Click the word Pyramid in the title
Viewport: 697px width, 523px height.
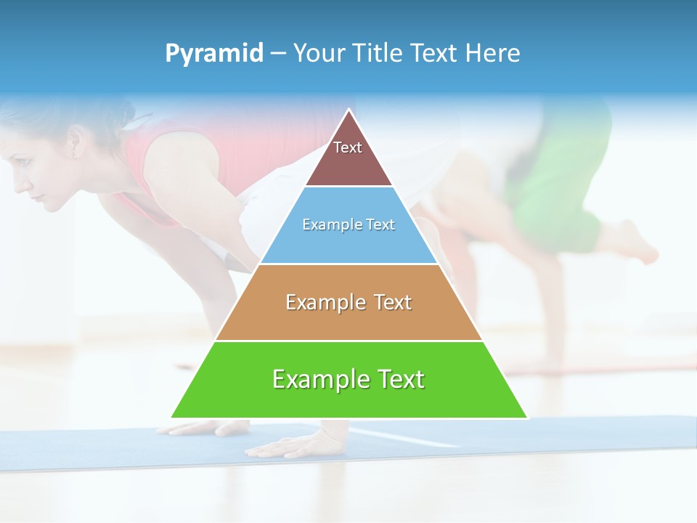pyautogui.click(x=213, y=54)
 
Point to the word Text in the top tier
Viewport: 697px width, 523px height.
pyautogui.click(x=348, y=147)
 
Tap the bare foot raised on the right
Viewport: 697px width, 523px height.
pyautogui.click(x=632, y=243)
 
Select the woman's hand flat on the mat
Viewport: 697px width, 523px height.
pyautogui.click(x=287, y=445)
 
